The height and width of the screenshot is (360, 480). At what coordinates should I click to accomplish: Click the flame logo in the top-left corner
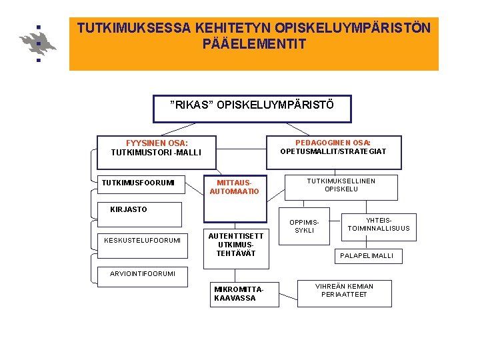tap(38, 43)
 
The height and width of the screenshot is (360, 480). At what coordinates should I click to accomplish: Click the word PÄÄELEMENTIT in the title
tap(254, 45)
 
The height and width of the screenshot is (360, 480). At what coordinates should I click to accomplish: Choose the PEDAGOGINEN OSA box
tap(333, 147)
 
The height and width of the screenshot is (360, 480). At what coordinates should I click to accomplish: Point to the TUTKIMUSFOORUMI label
tap(138, 183)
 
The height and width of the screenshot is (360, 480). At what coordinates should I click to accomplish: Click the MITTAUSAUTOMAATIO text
tap(234, 187)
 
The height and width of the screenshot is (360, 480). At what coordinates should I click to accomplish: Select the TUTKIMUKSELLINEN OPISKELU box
tap(341, 185)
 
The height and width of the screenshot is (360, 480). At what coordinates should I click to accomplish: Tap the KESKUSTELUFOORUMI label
tap(143, 241)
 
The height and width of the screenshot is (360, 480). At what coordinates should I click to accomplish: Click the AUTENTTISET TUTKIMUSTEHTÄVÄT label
tap(236, 245)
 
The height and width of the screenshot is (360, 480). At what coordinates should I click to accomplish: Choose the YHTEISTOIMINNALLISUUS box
tap(379, 225)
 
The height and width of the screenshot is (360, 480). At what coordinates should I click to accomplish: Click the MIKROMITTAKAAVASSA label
tap(237, 294)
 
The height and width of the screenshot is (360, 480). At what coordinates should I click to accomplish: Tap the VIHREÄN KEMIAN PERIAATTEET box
tap(344, 291)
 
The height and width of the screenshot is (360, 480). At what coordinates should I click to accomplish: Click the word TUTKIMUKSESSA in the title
tap(133, 29)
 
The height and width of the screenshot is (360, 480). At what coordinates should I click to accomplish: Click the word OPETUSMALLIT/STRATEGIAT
tap(333, 152)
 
